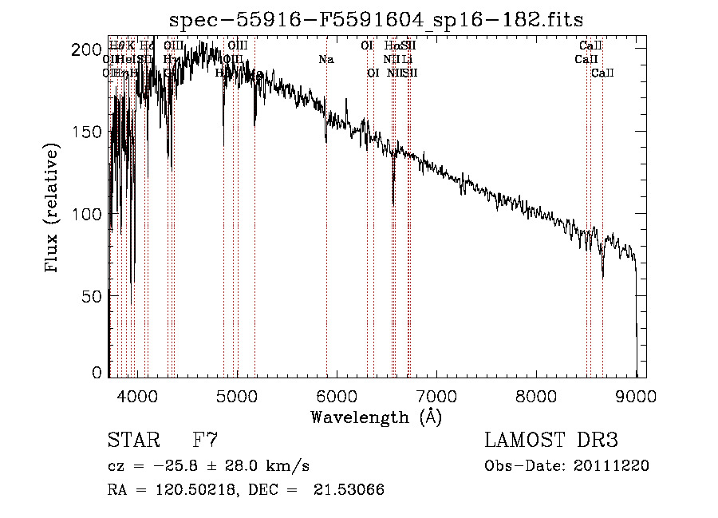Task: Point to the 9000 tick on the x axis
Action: (636, 394)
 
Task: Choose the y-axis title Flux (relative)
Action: (53, 209)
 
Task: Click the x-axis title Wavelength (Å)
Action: (376, 417)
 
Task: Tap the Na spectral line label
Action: (325, 60)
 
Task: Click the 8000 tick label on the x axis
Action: (536, 394)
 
